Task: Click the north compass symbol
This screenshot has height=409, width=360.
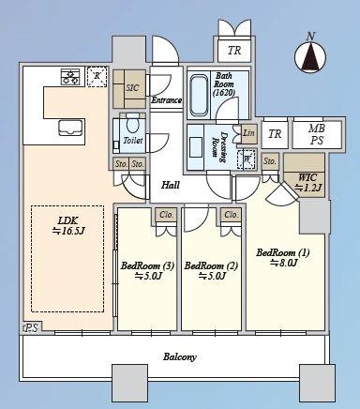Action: pyautogui.click(x=310, y=56)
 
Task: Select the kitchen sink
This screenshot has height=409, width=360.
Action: pyautogui.click(x=71, y=128)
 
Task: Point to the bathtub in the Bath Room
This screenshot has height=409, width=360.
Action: pyautogui.click(x=200, y=95)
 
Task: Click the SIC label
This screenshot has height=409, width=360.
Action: pyautogui.click(x=132, y=87)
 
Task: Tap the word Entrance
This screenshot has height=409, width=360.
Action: pyautogui.click(x=167, y=100)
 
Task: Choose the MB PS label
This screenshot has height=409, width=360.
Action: pyautogui.click(x=317, y=134)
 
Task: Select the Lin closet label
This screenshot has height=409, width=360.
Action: pyautogui.click(x=248, y=133)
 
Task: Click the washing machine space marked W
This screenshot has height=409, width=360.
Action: pyautogui.click(x=247, y=159)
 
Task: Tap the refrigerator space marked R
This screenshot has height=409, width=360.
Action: pyautogui.click(x=97, y=76)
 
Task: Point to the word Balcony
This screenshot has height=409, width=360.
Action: pyautogui.click(x=180, y=356)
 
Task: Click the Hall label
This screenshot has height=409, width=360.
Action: pyautogui.click(x=171, y=185)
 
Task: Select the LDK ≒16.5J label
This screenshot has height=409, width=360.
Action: pyautogui.click(x=68, y=226)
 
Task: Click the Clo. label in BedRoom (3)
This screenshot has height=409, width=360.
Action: pyautogui.click(x=167, y=215)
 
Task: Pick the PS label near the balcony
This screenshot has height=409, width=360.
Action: pyautogui.click(x=32, y=328)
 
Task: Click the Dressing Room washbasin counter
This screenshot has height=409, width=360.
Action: pyautogui.click(x=195, y=147)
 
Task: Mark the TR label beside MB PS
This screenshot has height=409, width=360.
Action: pyautogui.click(x=275, y=134)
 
